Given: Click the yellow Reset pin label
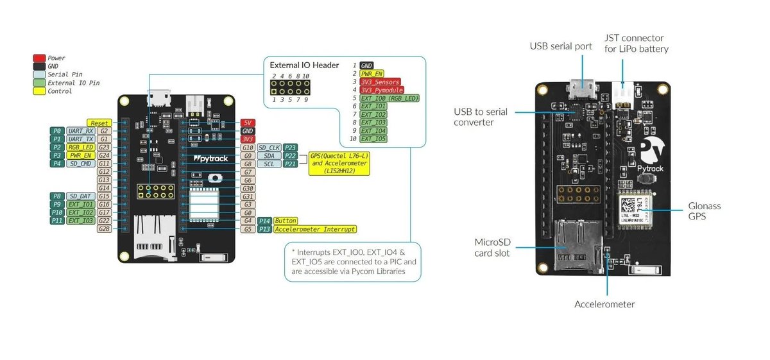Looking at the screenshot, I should click(x=99, y=123).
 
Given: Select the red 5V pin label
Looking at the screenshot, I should click(x=248, y=123).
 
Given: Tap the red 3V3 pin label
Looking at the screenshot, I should click(x=248, y=139).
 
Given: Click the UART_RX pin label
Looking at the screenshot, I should click(x=80, y=131).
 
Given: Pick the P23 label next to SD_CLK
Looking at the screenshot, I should click(x=290, y=148).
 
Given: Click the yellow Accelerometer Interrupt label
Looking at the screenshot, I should click(x=314, y=229).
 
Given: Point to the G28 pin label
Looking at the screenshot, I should click(x=104, y=229).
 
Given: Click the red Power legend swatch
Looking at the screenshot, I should click(x=39, y=58).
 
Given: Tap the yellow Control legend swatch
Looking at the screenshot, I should click(x=39, y=91).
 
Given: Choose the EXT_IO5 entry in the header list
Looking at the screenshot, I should click(x=373, y=139).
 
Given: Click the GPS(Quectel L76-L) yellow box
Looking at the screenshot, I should click(x=339, y=164).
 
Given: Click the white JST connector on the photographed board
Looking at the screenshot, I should click(x=622, y=94).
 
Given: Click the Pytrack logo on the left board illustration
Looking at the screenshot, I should click(x=206, y=157).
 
